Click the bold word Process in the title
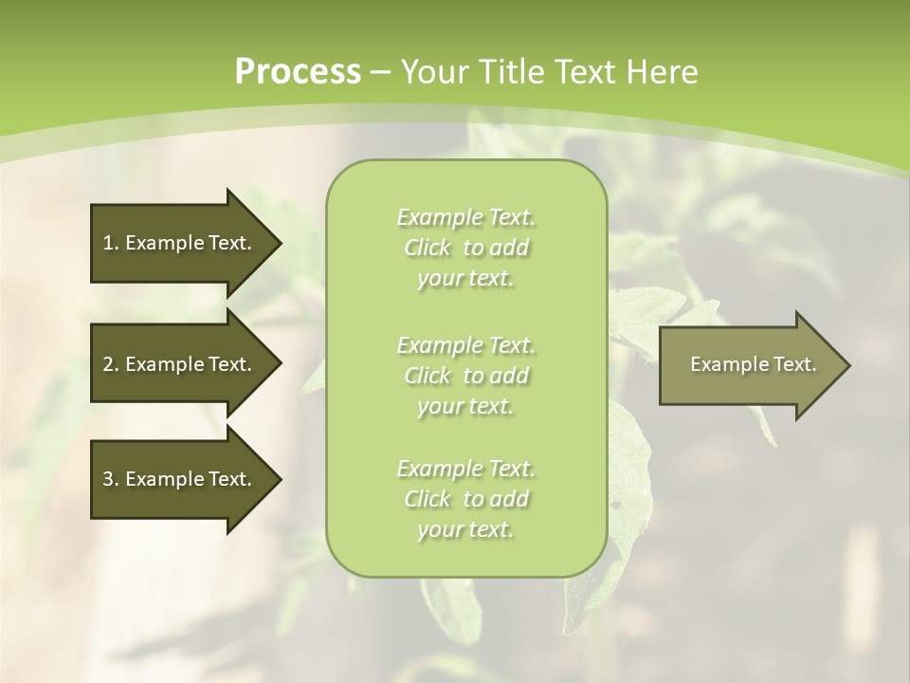[x=298, y=72]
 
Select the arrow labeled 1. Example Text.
[x=180, y=243]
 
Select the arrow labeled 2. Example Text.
[x=180, y=364]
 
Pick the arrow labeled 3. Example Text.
[x=180, y=479]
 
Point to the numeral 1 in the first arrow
[x=108, y=243]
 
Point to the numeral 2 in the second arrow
[x=108, y=364]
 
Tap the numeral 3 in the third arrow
[x=108, y=479]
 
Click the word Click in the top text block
[x=427, y=249]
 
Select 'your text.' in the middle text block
[x=465, y=406]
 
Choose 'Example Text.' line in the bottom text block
[x=465, y=469]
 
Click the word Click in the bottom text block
[x=427, y=499]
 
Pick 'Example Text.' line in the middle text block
[x=465, y=344]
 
